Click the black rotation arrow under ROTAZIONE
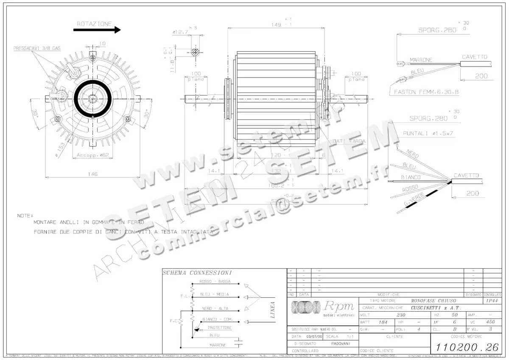point(97,30)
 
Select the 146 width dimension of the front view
point(92,174)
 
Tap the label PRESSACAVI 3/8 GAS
point(37,49)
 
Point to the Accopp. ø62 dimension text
point(92,156)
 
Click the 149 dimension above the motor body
point(277,25)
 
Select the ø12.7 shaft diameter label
point(180,32)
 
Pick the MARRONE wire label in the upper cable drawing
point(421,60)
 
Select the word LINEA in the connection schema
point(272,310)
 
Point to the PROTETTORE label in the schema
point(220,328)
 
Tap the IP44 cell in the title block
point(492,300)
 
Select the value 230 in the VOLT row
point(401,315)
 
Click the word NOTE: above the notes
point(25,215)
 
